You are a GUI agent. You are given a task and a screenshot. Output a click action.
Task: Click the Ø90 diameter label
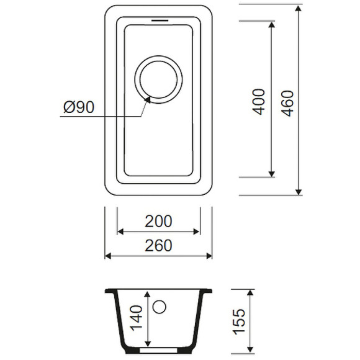point(79,107)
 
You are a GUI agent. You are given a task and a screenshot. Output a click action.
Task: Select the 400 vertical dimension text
point(259,101)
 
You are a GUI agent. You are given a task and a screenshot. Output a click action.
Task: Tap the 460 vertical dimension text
point(286,101)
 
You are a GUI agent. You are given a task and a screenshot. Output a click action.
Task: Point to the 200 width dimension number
point(158,220)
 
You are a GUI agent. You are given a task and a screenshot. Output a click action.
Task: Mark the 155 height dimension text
point(239,320)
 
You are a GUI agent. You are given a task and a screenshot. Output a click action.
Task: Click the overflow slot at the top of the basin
point(159,20)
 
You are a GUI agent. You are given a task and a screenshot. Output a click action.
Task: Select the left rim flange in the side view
point(110,290)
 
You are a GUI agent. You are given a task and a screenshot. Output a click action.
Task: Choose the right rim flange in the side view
point(207,290)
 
